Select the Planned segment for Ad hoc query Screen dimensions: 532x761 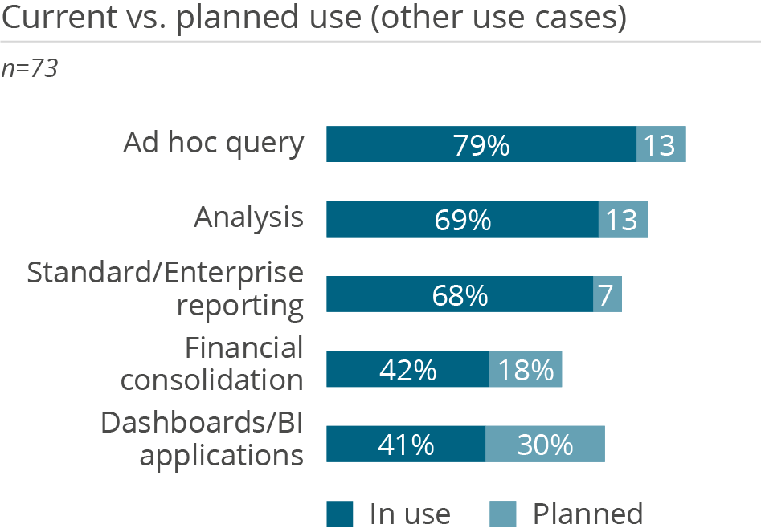[661, 144]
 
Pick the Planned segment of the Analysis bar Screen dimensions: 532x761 [623, 219]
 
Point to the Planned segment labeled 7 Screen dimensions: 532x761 [608, 294]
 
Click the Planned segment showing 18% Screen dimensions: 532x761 [526, 369]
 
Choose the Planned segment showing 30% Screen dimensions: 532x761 [545, 444]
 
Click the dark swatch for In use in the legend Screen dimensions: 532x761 [340, 514]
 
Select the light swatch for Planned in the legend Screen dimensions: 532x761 [503, 514]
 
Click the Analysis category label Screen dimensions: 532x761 [249, 217]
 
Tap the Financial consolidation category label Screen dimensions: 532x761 [212, 363]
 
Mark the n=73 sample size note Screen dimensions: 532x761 [30, 69]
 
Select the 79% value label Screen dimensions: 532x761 [481, 145]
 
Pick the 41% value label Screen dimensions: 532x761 [407, 445]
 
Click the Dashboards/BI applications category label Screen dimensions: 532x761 [203, 439]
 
